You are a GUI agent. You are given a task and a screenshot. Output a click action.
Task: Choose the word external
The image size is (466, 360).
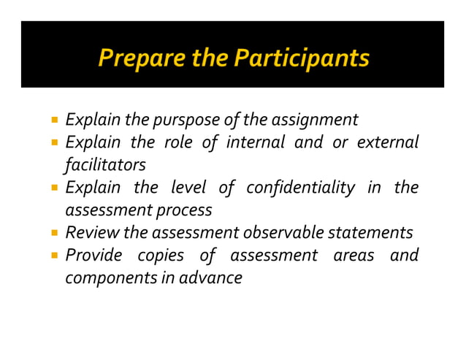pyautogui.click(x=387, y=141)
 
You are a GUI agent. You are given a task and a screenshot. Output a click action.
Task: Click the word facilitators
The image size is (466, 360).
pyautogui.click(x=104, y=164)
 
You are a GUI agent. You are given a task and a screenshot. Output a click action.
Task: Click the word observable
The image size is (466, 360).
pyautogui.click(x=283, y=233)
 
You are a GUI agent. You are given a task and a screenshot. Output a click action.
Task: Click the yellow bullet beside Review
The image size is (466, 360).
pyautogui.click(x=56, y=234)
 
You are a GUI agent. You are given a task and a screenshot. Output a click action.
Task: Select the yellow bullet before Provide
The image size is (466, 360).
pyautogui.click(x=56, y=256)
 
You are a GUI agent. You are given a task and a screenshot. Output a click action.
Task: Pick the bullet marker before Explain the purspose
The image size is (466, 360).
pyautogui.click(x=56, y=119)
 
